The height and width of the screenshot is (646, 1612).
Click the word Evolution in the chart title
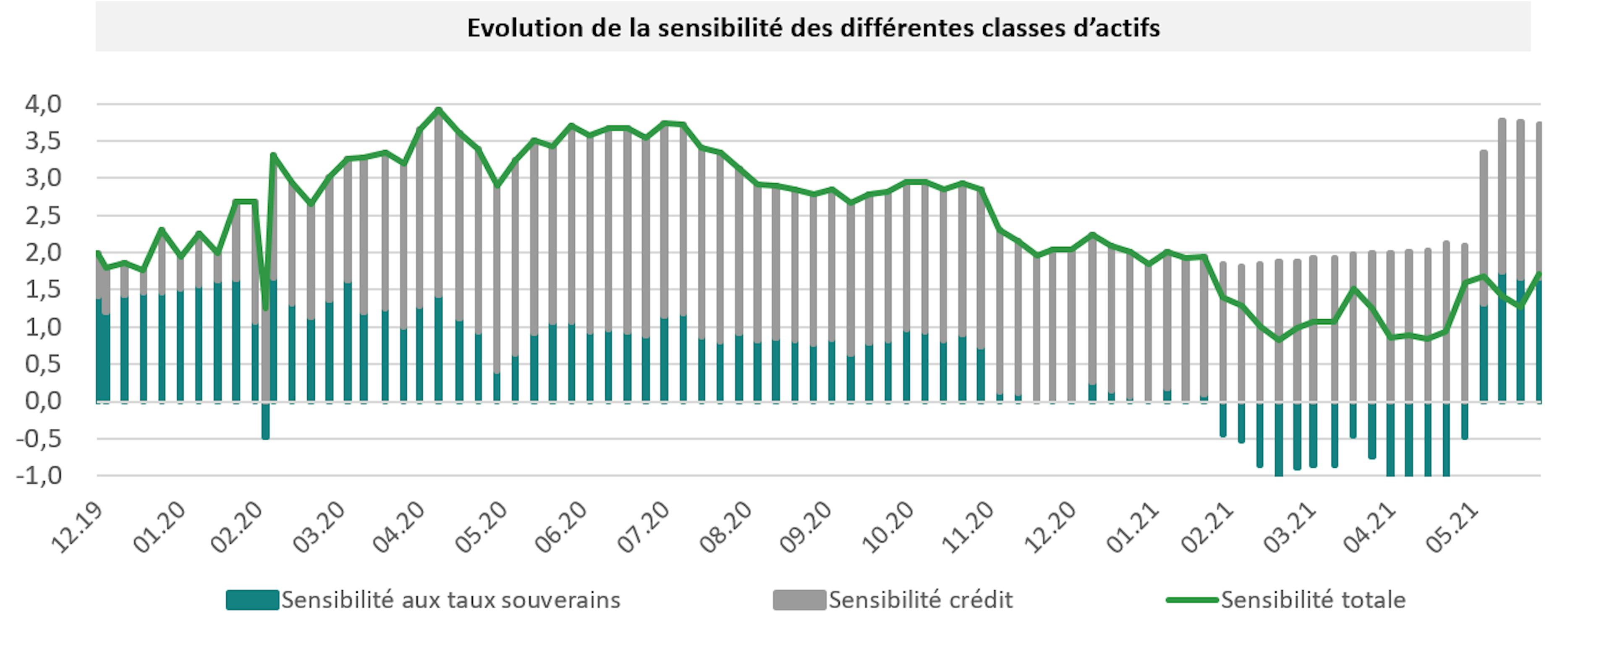click(524, 28)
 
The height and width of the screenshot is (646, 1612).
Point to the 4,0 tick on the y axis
click(43, 104)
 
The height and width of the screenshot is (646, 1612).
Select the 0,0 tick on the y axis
click(43, 401)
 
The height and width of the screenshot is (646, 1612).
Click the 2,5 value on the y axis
click(43, 216)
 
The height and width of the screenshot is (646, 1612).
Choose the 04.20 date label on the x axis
click(399, 529)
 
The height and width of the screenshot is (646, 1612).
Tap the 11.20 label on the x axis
click(967, 529)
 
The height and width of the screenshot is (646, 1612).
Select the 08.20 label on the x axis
click(725, 529)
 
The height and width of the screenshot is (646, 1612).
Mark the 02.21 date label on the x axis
click(1208, 529)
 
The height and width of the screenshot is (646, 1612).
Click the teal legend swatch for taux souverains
click(252, 600)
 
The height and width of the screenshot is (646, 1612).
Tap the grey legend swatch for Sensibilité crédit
click(799, 600)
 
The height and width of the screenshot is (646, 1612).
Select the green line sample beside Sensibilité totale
click(1192, 600)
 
